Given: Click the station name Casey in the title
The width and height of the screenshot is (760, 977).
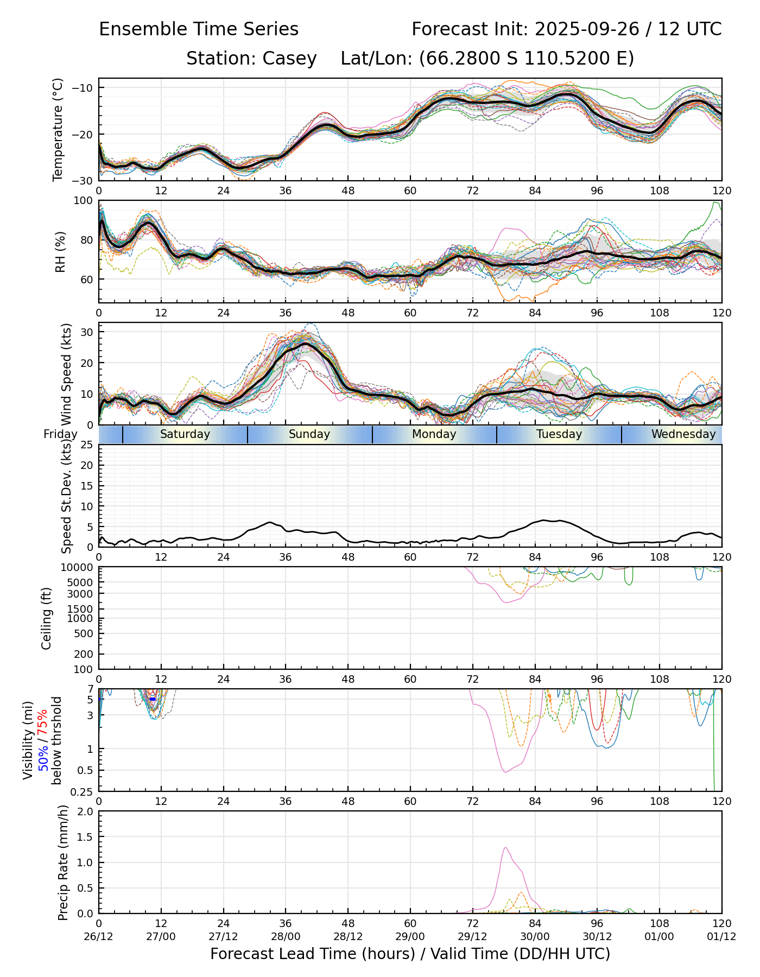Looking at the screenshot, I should coord(289,59).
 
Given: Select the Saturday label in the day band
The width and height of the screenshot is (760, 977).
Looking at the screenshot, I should coord(185,434).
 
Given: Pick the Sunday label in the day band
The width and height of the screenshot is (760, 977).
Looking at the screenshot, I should coord(309,434).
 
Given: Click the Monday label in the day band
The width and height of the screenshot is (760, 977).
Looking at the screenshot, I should coord(434,434).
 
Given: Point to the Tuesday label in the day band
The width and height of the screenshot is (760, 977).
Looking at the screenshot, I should coord(559,434).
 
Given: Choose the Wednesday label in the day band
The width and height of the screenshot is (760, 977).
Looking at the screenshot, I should coord(683,434).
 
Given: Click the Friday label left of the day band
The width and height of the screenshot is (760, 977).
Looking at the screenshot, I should coord(60,434).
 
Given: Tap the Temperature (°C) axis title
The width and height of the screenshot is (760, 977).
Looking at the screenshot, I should coord(58,129).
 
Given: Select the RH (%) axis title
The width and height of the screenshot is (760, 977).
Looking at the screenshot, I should coord(60,251).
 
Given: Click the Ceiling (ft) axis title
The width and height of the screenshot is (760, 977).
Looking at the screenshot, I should coord(47,618).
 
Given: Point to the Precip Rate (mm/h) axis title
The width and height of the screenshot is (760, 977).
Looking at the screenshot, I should coord(63,862).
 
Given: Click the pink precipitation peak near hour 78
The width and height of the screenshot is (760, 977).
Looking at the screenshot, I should coord(505,848).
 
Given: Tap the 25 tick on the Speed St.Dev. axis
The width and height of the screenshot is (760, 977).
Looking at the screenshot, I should coord(87,446).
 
